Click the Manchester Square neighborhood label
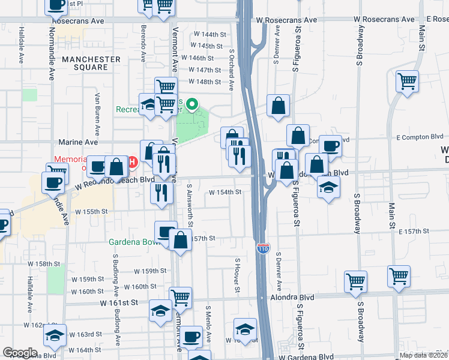[x=91, y=63]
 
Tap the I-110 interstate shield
[x=262, y=247]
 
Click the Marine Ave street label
[x=79, y=142]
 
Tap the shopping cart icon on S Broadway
[x=356, y=281]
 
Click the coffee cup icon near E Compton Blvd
[x=330, y=145]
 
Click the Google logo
[x=20, y=353]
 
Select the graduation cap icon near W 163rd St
[x=55, y=337]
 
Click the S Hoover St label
[x=238, y=277]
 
